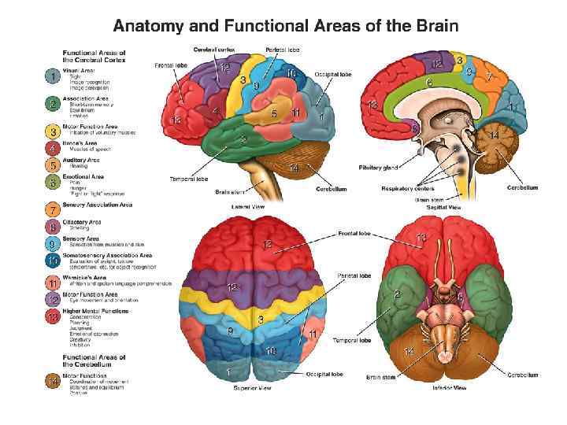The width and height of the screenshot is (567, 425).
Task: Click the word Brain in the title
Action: point(431,25)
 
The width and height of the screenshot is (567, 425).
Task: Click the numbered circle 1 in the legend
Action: point(52,76)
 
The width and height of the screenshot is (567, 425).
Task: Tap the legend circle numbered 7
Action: point(52,210)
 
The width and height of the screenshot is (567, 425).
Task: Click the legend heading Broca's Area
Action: point(81,143)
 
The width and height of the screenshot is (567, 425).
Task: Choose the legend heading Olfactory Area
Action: point(82,222)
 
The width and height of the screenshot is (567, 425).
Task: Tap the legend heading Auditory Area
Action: point(82,160)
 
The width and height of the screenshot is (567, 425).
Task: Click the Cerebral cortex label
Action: point(214,50)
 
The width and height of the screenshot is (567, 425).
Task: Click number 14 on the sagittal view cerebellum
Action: point(495,135)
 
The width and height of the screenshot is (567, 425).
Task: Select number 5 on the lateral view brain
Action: point(273,113)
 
